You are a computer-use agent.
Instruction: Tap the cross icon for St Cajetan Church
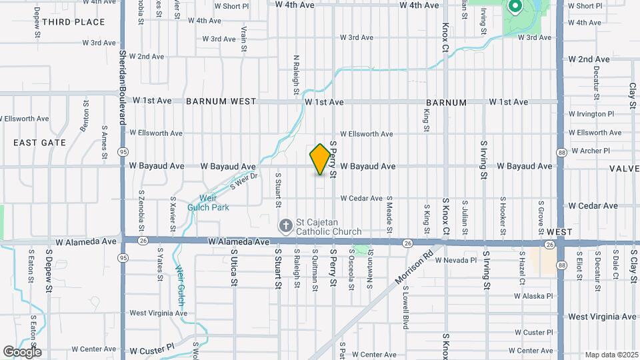285,225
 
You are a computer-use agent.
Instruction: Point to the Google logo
21,352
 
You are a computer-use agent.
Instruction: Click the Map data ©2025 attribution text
611,355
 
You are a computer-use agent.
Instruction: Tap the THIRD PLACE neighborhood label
73,22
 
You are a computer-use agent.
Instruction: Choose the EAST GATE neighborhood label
40,143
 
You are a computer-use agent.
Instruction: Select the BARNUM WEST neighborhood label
221,102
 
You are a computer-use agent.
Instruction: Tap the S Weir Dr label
243,181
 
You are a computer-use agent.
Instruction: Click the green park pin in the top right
515,7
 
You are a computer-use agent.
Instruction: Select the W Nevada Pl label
456,261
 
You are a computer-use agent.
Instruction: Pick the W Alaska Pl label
534,295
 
